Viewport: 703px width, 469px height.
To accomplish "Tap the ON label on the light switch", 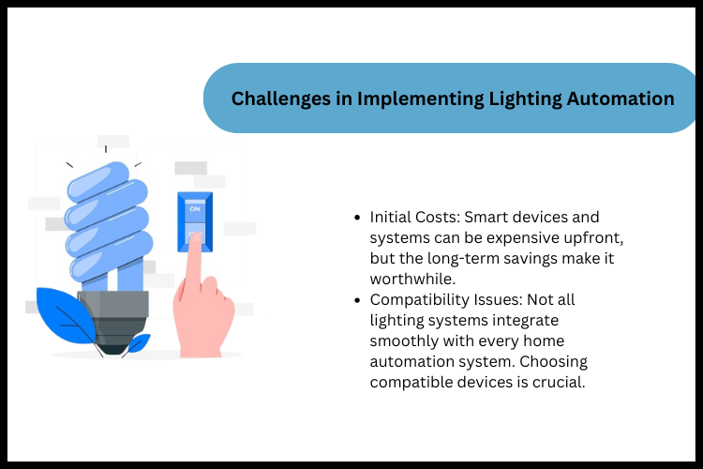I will coord(195,210).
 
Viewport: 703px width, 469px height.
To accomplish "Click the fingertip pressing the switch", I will coord(195,240).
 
